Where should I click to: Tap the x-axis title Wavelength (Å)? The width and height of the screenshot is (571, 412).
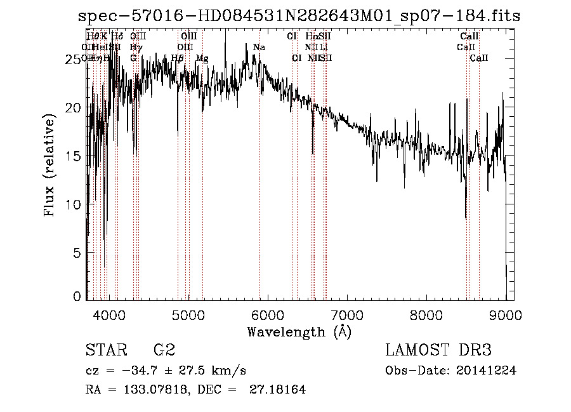(299, 331)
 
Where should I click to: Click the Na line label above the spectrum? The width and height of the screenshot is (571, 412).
(259, 48)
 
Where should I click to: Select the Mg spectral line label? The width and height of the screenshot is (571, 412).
(202, 58)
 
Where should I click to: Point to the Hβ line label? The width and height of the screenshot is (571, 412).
(178, 58)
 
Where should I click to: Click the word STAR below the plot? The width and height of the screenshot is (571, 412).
(105, 350)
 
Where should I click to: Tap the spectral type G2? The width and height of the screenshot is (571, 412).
(164, 350)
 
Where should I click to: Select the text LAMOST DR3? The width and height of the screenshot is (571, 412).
(438, 350)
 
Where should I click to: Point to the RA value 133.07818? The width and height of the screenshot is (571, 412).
(151, 390)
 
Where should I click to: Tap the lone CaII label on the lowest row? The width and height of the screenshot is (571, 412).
(479, 58)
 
